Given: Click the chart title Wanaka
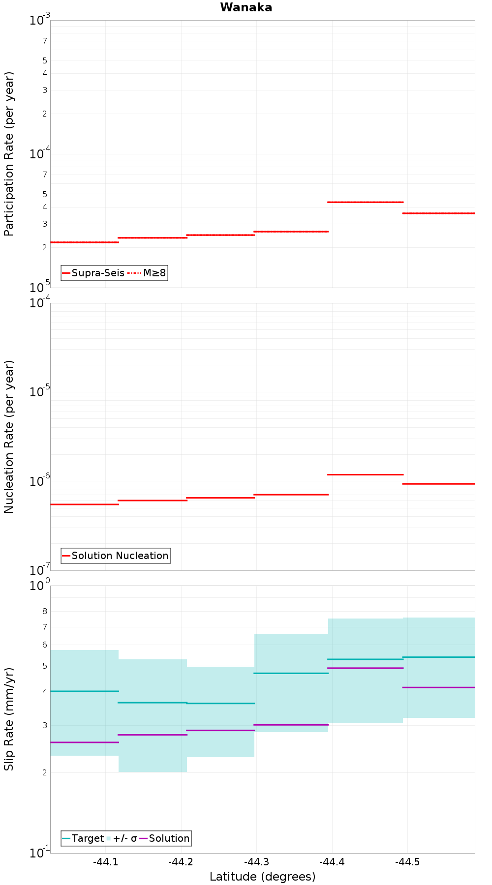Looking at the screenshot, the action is [x=246, y=7].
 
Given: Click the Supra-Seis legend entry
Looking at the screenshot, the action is [x=93, y=273].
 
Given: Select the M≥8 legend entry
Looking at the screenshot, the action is [x=147, y=273].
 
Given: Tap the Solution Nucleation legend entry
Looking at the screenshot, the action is [x=116, y=556].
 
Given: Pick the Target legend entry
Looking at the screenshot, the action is [x=83, y=838].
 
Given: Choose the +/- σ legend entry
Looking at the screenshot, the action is [x=122, y=838].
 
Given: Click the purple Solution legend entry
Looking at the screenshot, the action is [x=165, y=838].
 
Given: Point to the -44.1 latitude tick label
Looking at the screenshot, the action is [x=105, y=862].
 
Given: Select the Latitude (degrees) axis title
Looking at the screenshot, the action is [x=262, y=877].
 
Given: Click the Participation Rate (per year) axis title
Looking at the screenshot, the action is [x=9, y=154].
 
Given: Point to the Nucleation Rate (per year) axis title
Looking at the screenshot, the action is [x=9, y=437].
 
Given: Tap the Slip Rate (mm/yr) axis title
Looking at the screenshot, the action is [x=9, y=719].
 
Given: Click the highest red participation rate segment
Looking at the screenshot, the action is [x=366, y=202].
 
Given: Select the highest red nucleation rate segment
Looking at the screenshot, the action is [x=366, y=474].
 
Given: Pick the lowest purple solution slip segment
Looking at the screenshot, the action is [x=85, y=742].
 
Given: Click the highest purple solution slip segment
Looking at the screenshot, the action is [x=366, y=668].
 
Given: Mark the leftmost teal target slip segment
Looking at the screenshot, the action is [x=85, y=691].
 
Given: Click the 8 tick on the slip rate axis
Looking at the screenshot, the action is [x=45, y=612].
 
